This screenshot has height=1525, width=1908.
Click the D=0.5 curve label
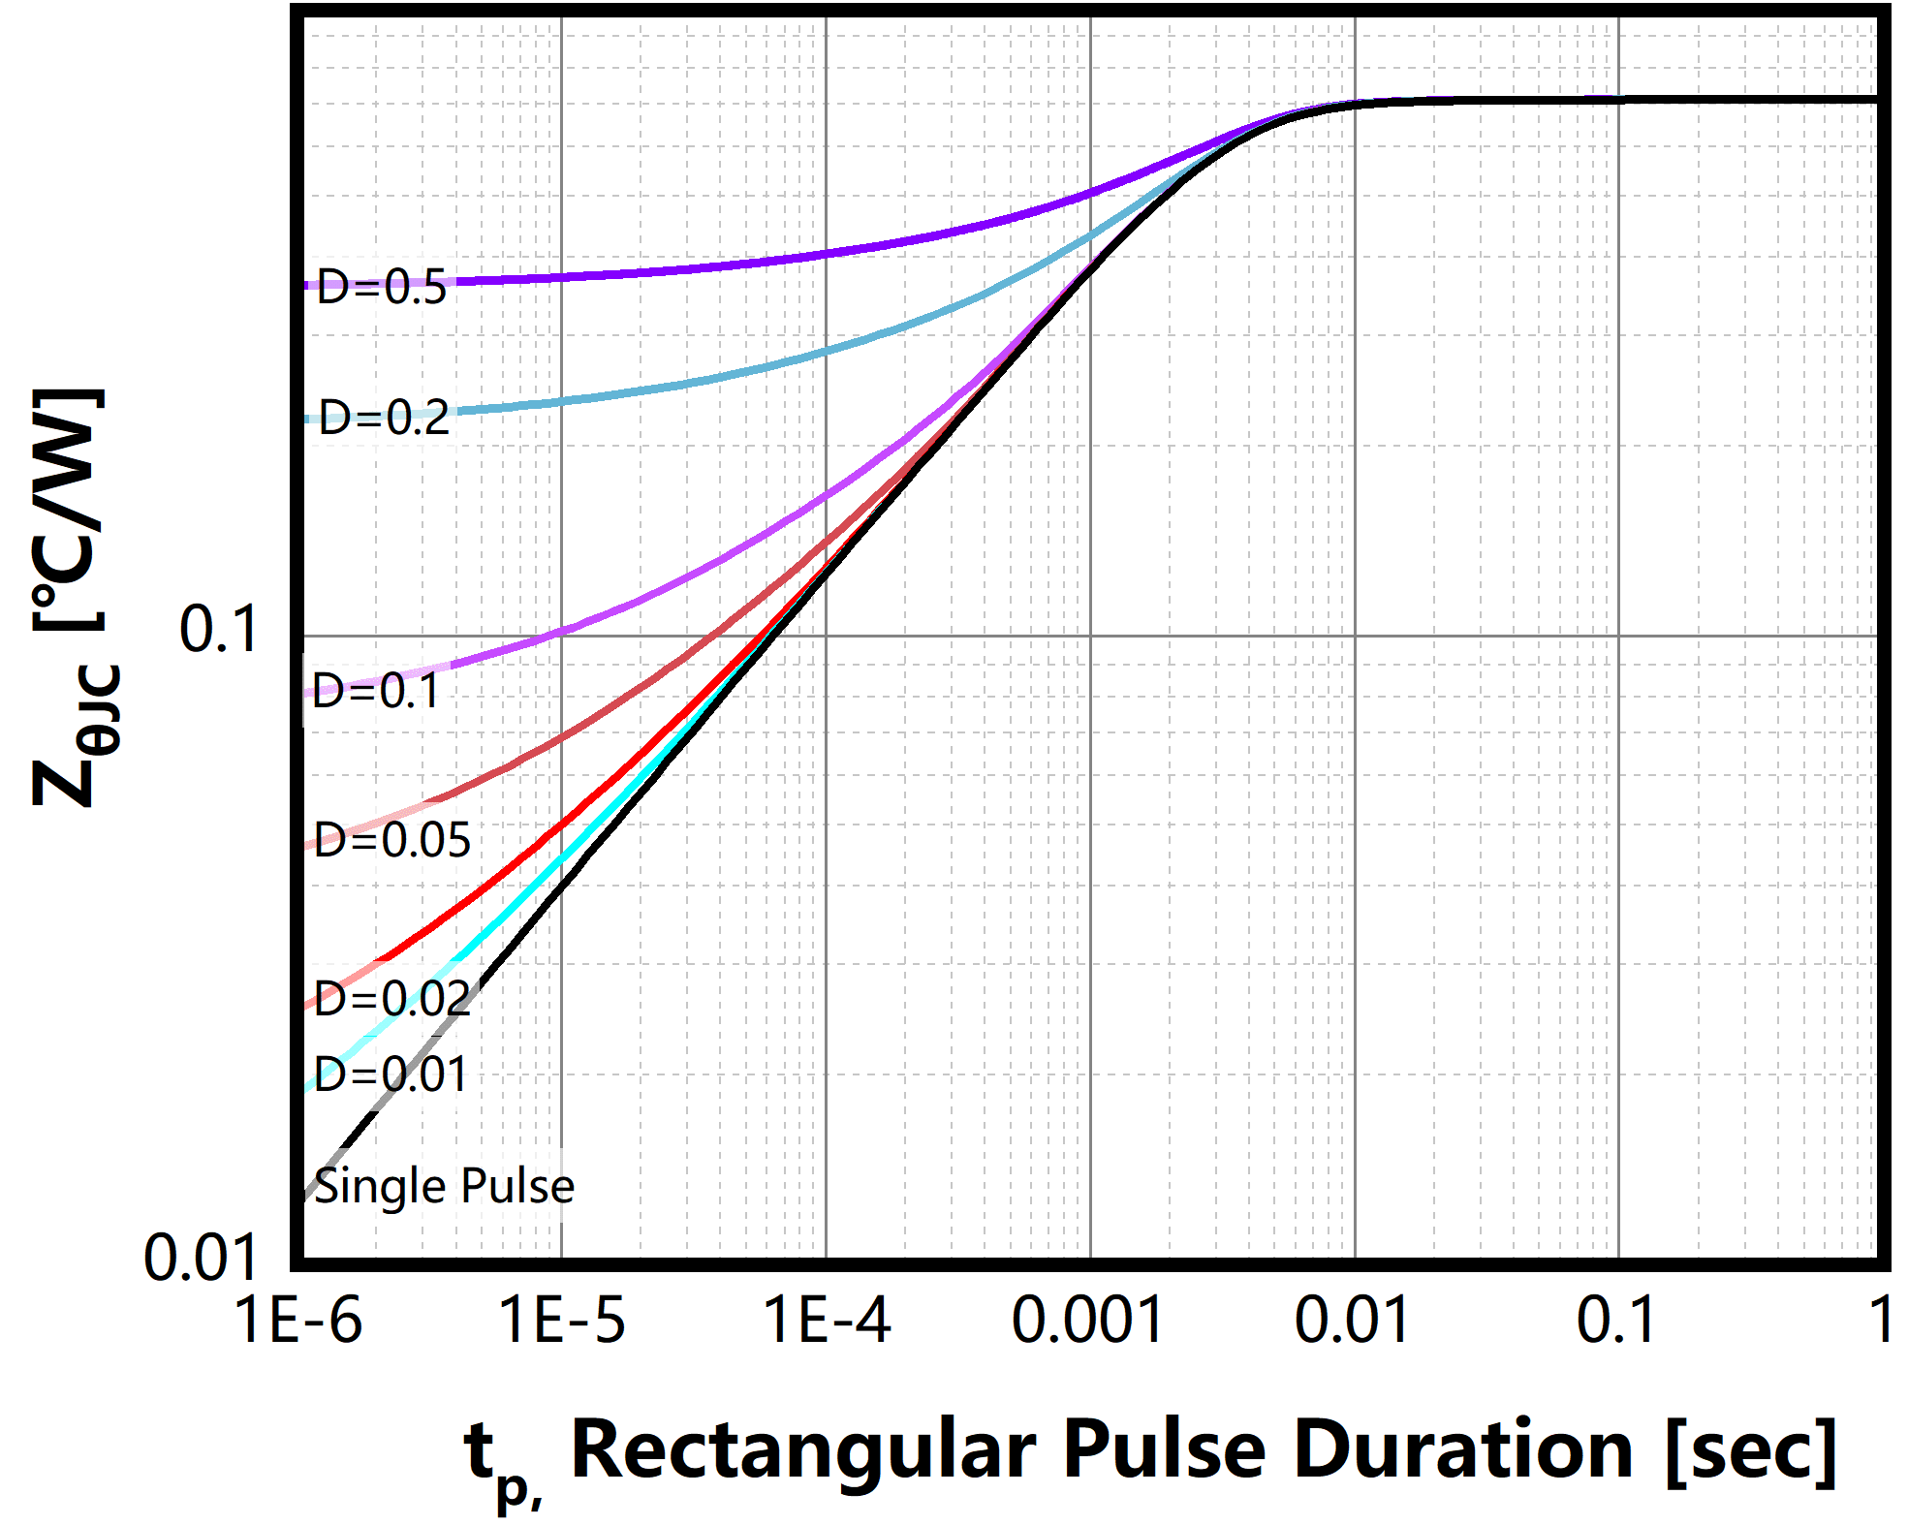click(382, 288)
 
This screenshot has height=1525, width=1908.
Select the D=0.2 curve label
click(385, 418)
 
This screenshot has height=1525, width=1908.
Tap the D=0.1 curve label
click(376, 692)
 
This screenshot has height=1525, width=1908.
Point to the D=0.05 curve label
click(392, 840)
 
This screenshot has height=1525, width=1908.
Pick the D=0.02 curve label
click(392, 998)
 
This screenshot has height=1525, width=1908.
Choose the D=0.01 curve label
click(391, 1074)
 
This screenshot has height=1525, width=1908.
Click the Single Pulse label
click(444, 1186)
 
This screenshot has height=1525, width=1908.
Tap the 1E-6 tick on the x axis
click(298, 1321)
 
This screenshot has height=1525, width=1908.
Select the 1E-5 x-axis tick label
click(562, 1321)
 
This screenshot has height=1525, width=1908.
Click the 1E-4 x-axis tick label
click(827, 1321)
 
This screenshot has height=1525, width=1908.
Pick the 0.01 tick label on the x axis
click(1353, 1321)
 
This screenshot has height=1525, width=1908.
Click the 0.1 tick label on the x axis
click(1616, 1321)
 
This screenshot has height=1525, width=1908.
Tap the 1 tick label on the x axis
click(1881, 1321)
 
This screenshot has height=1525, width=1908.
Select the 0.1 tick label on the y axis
click(219, 630)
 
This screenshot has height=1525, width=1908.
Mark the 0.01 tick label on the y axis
click(202, 1259)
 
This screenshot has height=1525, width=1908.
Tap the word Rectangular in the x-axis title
click(803, 1450)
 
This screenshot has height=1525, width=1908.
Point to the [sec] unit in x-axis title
click(1751, 1450)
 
